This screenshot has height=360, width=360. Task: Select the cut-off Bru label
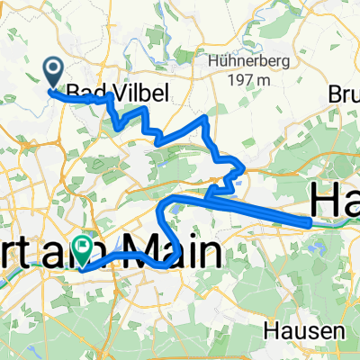click(344, 93)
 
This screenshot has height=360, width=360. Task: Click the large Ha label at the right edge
click(335, 199)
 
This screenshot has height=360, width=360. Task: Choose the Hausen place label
click(295, 331)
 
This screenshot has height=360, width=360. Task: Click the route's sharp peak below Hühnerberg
click(207, 118)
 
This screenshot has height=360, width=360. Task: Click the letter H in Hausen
click(270, 331)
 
